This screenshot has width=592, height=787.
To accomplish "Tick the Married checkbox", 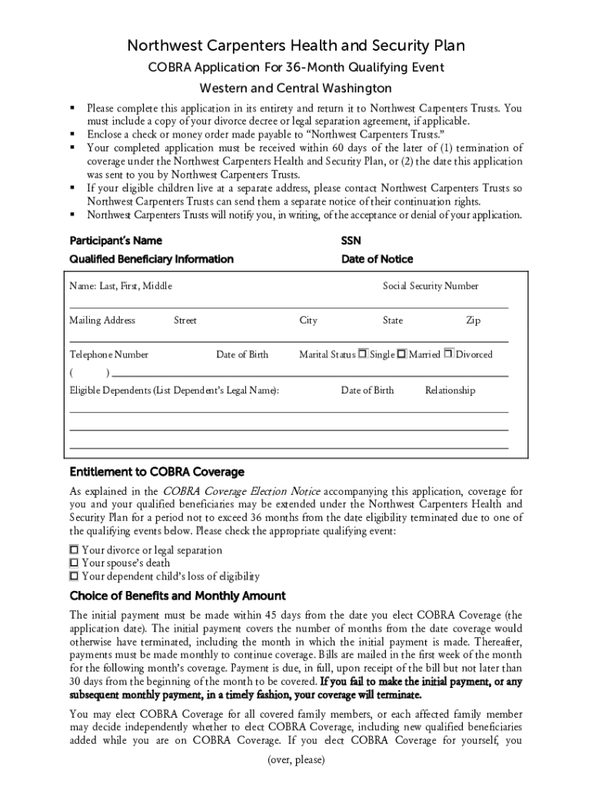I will point(401,354).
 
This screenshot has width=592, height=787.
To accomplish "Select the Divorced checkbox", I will point(449,354).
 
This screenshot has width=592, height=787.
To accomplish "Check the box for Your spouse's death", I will point(75,563).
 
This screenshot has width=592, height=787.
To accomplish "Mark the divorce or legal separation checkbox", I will point(75,550).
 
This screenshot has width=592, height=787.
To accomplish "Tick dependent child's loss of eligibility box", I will point(75,576).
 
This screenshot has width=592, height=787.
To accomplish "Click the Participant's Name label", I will point(115,241).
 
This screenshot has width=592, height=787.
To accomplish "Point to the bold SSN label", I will point(351,241).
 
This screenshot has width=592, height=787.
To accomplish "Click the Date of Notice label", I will point(377,259).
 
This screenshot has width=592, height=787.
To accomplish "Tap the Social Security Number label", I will point(431,286).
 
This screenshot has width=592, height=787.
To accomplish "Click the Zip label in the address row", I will point(473,320).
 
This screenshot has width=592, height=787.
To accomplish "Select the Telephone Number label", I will point(109,354).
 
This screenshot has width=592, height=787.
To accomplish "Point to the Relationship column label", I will point(450,390).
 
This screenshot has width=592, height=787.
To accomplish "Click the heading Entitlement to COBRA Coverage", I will point(157,471).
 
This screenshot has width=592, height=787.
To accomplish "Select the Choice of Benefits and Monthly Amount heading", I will point(178,596).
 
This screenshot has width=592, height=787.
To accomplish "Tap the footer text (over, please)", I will point(296,760).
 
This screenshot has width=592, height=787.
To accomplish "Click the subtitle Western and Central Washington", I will point(296,88).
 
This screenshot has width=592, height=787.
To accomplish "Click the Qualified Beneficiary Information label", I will point(151,259).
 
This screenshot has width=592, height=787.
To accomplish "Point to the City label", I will point(308,320).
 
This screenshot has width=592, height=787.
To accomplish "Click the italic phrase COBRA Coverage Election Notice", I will point(241,491).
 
